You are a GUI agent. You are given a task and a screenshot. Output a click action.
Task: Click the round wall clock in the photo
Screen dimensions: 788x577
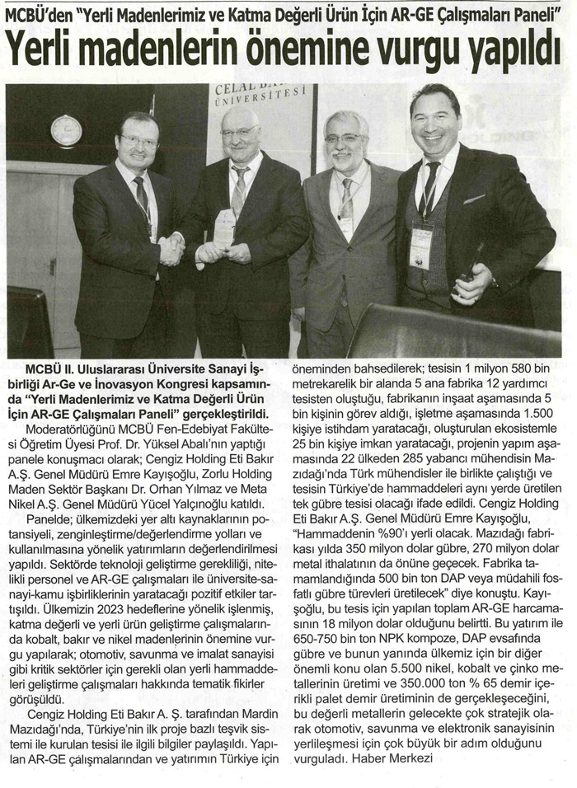click(x=66, y=130)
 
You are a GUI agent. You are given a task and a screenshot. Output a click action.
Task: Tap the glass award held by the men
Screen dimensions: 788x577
click(x=224, y=227)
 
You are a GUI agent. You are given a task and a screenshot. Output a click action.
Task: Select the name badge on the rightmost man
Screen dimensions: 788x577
click(x=421, y=246)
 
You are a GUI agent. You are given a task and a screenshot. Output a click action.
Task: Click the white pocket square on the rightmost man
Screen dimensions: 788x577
click(x=473, y=199)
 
